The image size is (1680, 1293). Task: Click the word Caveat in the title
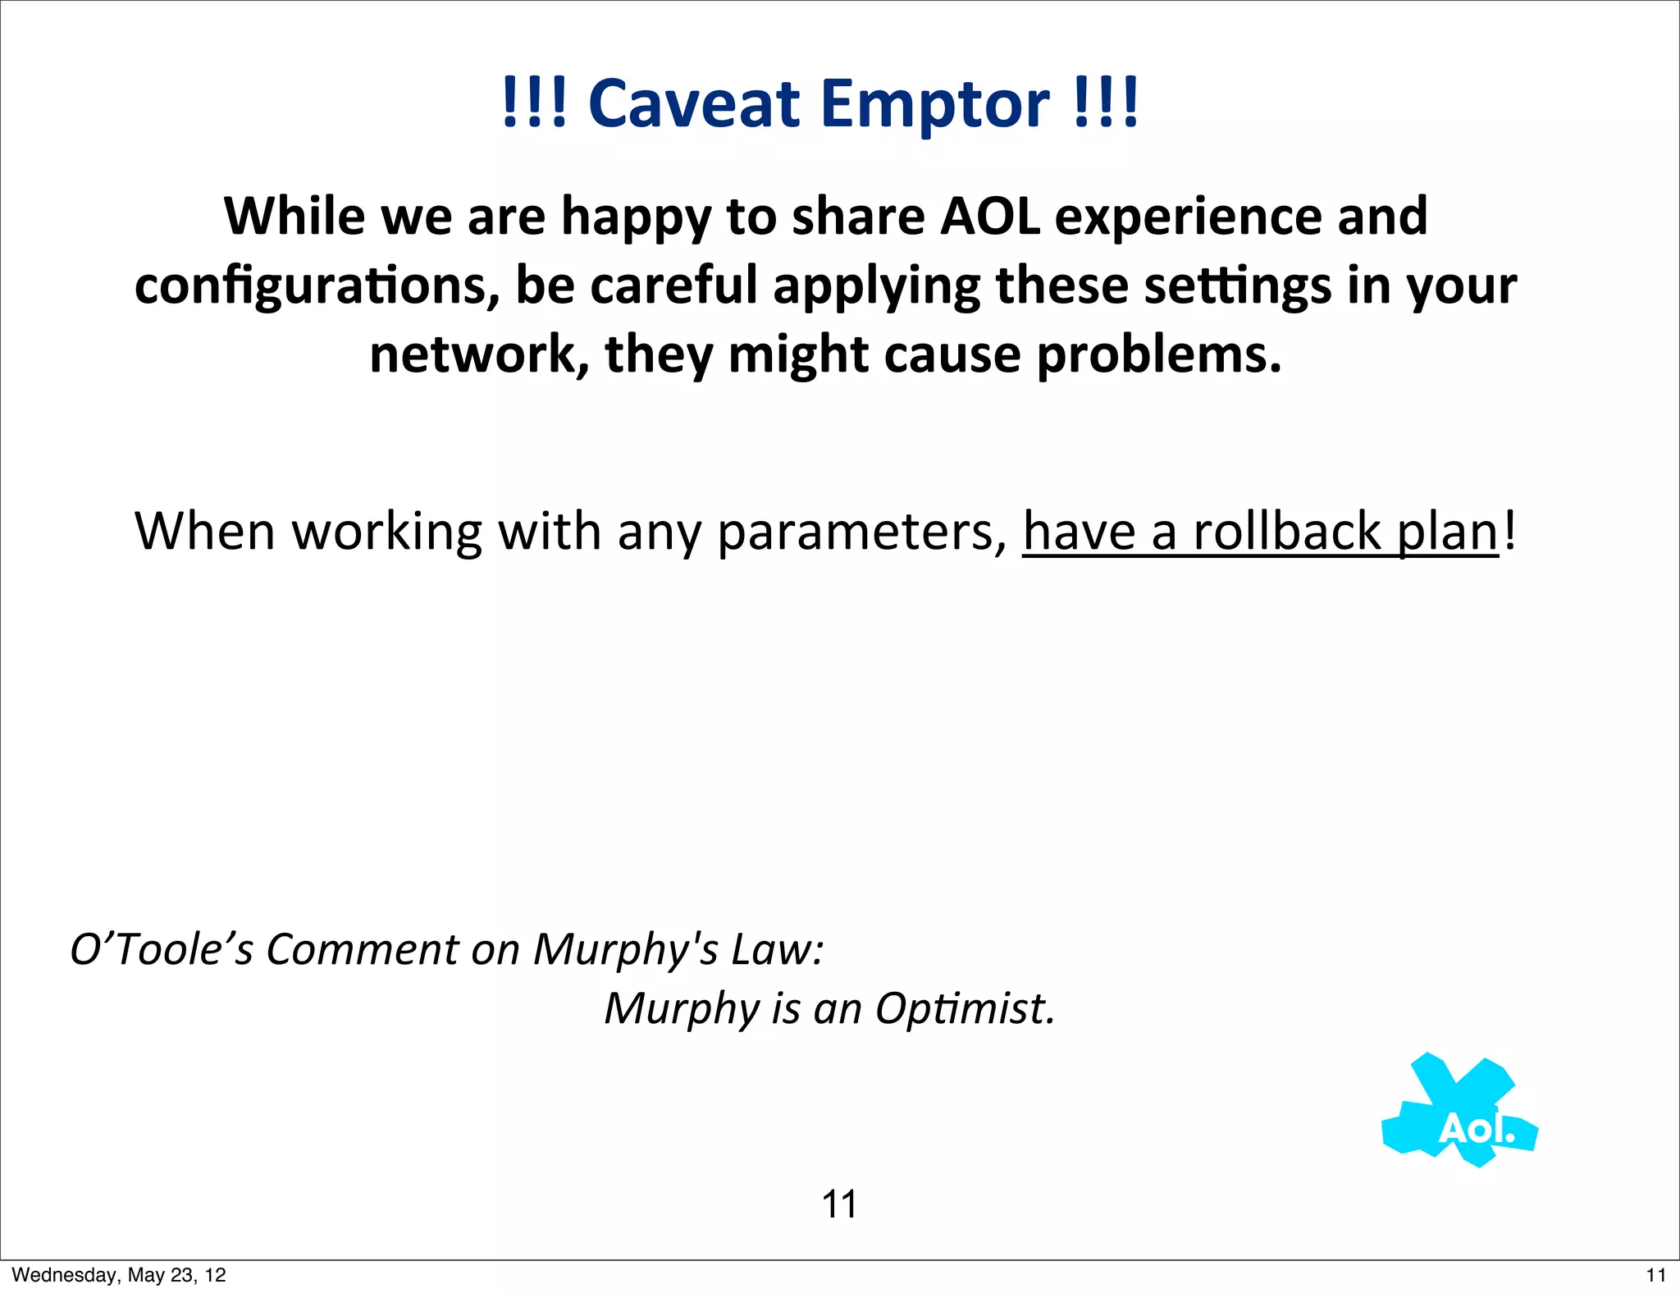(693, 104)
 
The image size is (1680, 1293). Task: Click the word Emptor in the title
(934, 104)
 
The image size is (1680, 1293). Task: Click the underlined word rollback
(1287, 532)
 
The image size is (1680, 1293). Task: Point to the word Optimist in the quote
(964, 1008)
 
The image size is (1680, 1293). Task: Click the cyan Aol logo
(1460, 1112)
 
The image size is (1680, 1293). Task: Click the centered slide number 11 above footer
(839, 1204)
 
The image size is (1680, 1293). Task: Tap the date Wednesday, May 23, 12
(119, 1275)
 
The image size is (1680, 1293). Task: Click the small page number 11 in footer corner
(1655, 1275)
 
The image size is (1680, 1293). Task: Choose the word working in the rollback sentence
(387, 532)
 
